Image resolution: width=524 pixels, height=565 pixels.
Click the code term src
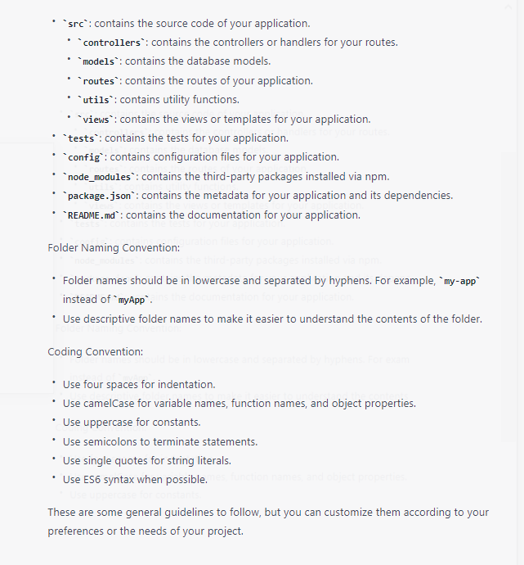76,24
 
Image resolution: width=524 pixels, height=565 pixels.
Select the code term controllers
112,43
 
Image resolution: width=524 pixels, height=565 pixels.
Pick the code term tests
82,138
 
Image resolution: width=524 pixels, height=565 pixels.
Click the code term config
84,157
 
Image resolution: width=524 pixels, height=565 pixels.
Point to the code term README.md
93,215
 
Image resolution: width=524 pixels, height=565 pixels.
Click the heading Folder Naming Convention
114,247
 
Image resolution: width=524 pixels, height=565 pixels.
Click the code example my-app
460,281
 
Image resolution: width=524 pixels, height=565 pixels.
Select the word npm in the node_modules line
378,177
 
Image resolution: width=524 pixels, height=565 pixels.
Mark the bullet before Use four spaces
53,383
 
